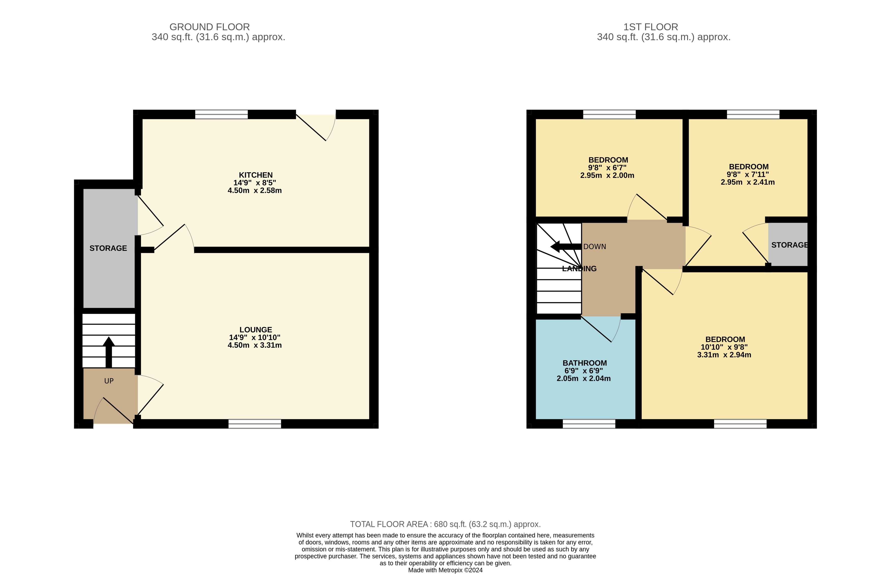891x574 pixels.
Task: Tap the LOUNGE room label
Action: pyautogui.click(x=256, y=330)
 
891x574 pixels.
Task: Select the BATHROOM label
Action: pyautogui.click(x=585, y=363)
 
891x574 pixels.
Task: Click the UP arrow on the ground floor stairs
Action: pyautogui.click(x=109, y=352)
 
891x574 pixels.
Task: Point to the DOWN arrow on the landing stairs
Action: pyautogui.click(x=566, y=246)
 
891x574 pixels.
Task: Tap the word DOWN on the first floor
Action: pyautogui.click(x=595, y=247)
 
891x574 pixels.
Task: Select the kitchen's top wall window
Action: pyautogui.click(x=222, y=114)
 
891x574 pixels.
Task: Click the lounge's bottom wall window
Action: pyautogui.click(x=255, y=424)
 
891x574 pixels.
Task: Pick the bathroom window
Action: pyautogui.click(x=589, y=424)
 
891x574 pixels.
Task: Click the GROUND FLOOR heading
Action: pyautogui.click(x=210, y=27)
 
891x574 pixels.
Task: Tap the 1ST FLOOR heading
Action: pyautogui.click(x=651, y=27)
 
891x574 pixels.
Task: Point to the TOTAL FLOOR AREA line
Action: pyautogui.click(x=445, y=524)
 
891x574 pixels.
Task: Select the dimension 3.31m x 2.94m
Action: pyautogui.click(x=724, y=355)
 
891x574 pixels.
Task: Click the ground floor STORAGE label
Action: pyautogui.click(x=108, y=248)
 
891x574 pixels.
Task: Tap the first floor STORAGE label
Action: pyautogui.click(x=789, y=245)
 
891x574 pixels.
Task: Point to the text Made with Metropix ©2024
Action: pyautogui.click(x=445, y=570)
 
